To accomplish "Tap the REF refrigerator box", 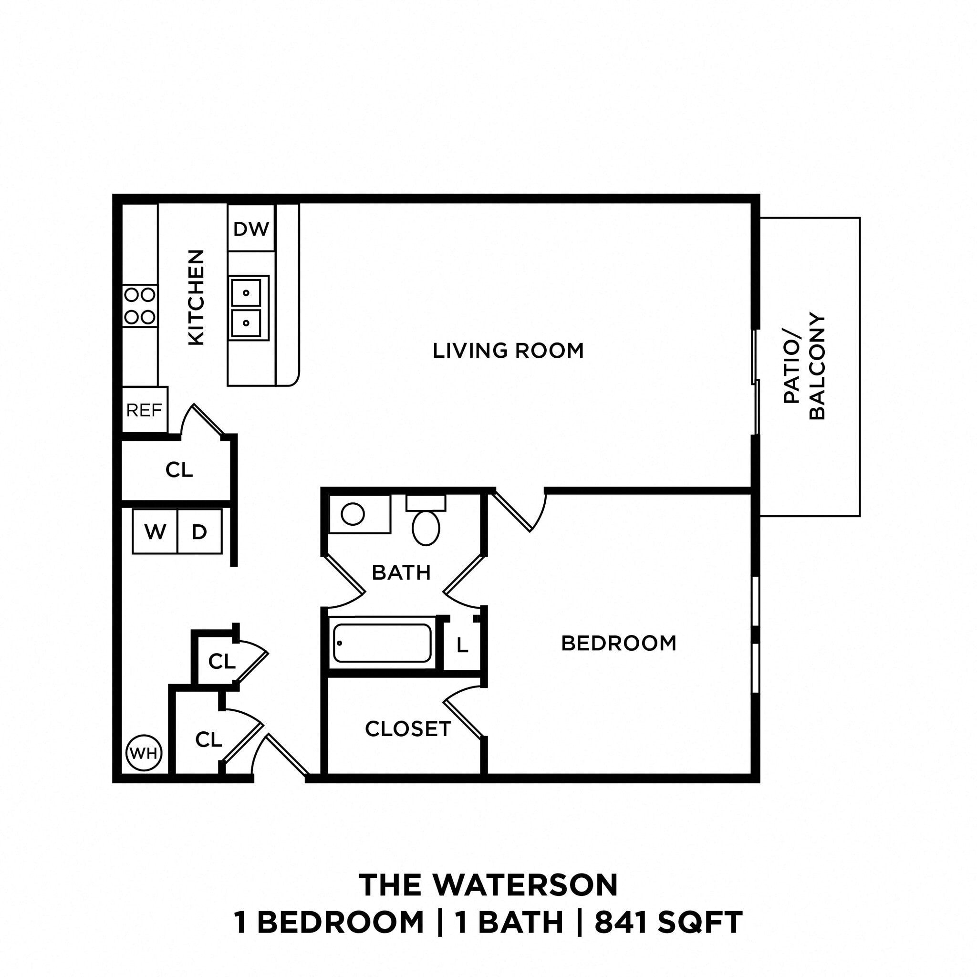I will point(145,410).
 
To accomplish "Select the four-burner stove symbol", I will point(140,306).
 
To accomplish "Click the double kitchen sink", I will point(247,308).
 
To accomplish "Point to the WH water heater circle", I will point(144,753).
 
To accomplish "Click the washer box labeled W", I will point(155,531).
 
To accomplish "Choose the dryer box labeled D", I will point(200,531).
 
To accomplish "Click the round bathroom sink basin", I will point(353,514).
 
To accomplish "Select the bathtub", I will point(382,643).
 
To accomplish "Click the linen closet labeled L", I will point(462,645).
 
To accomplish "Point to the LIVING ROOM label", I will point(508,351).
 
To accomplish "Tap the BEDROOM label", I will point(618,643).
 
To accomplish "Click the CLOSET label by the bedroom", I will point(407,729).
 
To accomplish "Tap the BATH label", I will point(401,572).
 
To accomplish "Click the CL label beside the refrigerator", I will point(179,470).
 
